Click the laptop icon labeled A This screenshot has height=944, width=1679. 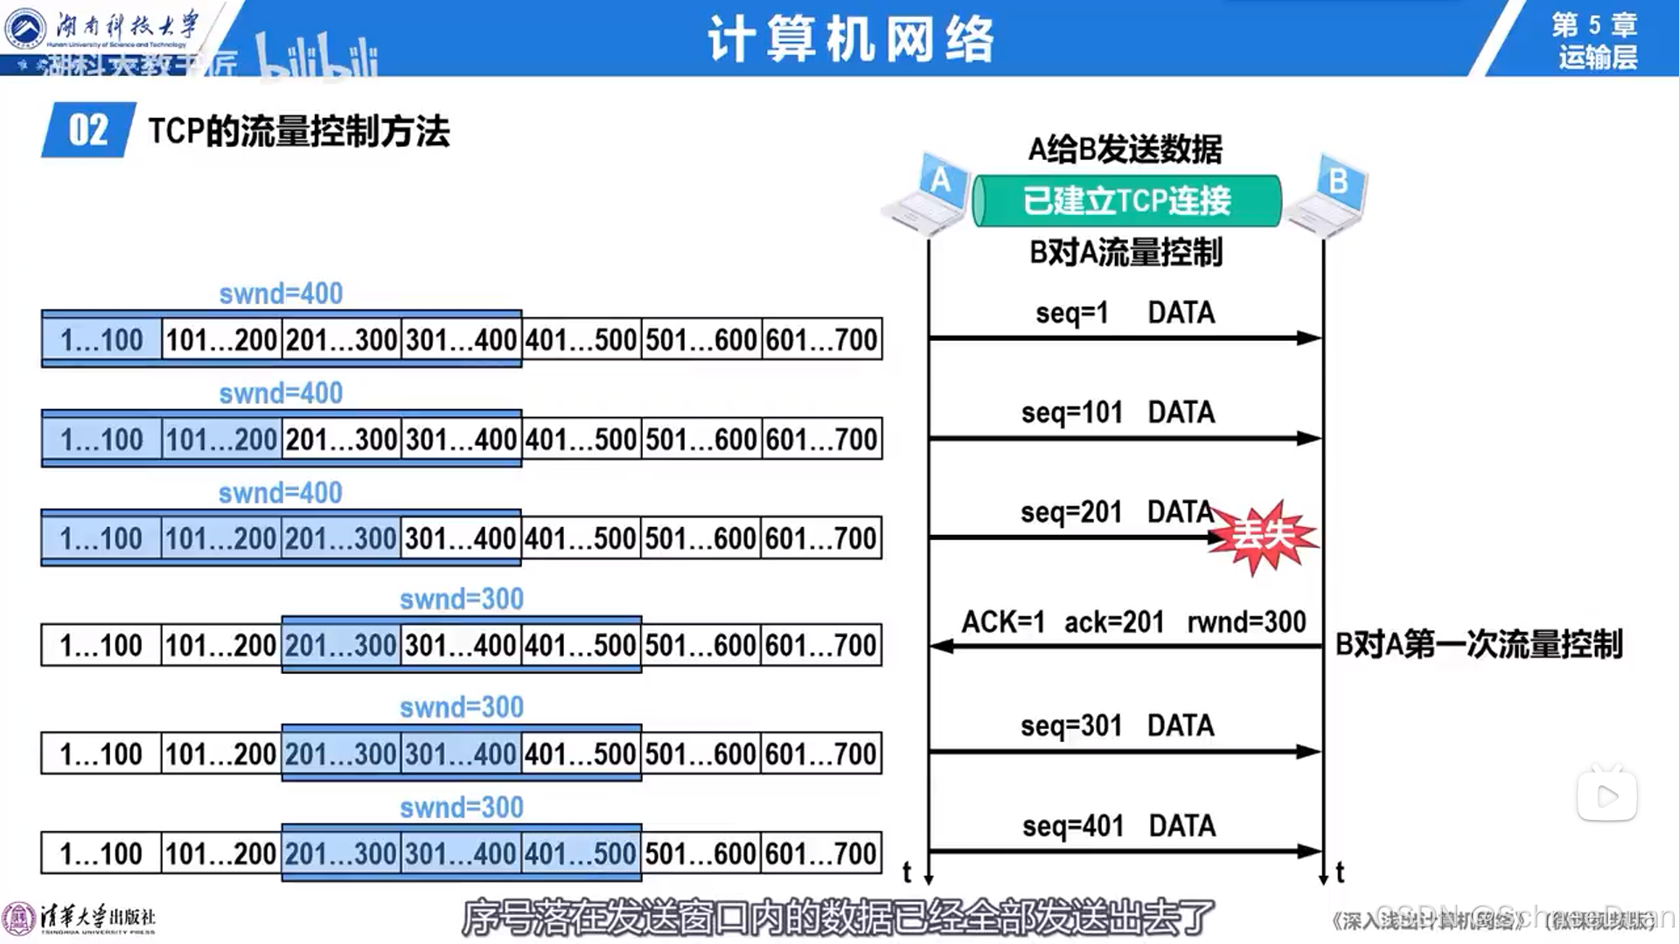[x=927, y=196]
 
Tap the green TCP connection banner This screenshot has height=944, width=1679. [x=1126, y=201]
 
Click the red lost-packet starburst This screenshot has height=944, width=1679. [x=1264, y=535]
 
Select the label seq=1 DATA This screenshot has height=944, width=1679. [x=1125, y=313]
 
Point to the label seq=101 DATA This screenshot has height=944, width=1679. [x=1118, y=413]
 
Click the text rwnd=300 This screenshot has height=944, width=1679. [x=1246, y=622]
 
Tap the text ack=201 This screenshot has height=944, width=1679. [x=1114, y=622]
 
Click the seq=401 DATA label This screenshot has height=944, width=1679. [x=1118, y=826]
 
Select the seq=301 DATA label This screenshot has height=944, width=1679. [x=1117, y=725]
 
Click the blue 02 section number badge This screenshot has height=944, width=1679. [x=88, y=131]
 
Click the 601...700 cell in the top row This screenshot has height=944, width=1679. [x=821, y=339]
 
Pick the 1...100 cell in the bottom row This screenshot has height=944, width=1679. [x=101, y=853]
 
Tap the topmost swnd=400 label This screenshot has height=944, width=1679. [x=281, y=294]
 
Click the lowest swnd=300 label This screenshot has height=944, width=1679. [x=462, y=808]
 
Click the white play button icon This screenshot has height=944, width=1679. [x=1606, y=795]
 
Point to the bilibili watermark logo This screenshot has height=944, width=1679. [x=317, y=57]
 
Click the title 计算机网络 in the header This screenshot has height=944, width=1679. [x=851, y=39]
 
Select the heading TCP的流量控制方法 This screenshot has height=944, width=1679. [x=298, y=132]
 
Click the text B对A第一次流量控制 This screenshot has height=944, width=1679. [x=1479, y=645]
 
